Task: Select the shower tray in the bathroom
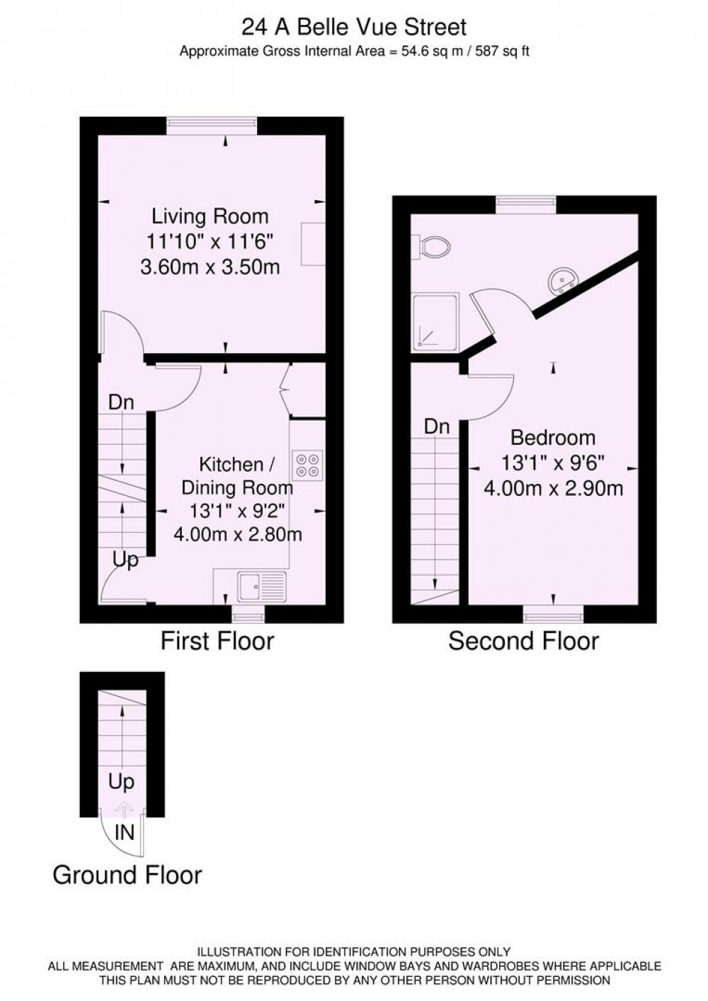(x=435, y=321)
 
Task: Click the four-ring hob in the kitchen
(x=307, y=465)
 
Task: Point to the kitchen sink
(x=262, y=586)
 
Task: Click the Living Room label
(x=210, y=216)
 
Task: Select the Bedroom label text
(x=553, y=437)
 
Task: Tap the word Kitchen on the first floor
(x=231, y=465)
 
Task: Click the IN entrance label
(x=125, y=833)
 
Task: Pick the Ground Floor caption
(x=127, y=874)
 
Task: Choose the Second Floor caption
(x=524, y=641)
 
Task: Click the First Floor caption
(x=217, y=640)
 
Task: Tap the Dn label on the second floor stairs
(x=437, y=427)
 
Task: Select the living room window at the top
(x=212, y=126)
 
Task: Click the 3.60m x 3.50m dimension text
(x=210, y=267)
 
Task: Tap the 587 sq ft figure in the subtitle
(x=502, y=52)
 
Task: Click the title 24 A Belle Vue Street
(x=354, y=28)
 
